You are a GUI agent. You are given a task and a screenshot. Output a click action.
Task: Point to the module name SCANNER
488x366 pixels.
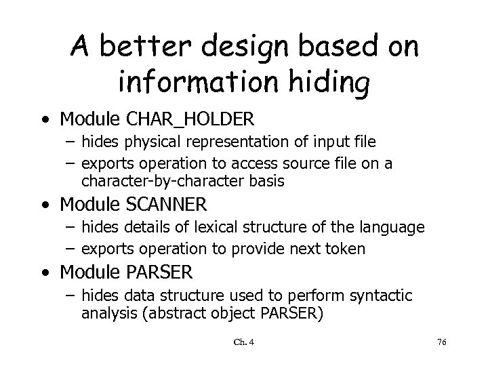(x=167, y=203)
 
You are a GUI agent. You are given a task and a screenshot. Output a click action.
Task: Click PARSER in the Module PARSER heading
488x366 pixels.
(x=160, y=272)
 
